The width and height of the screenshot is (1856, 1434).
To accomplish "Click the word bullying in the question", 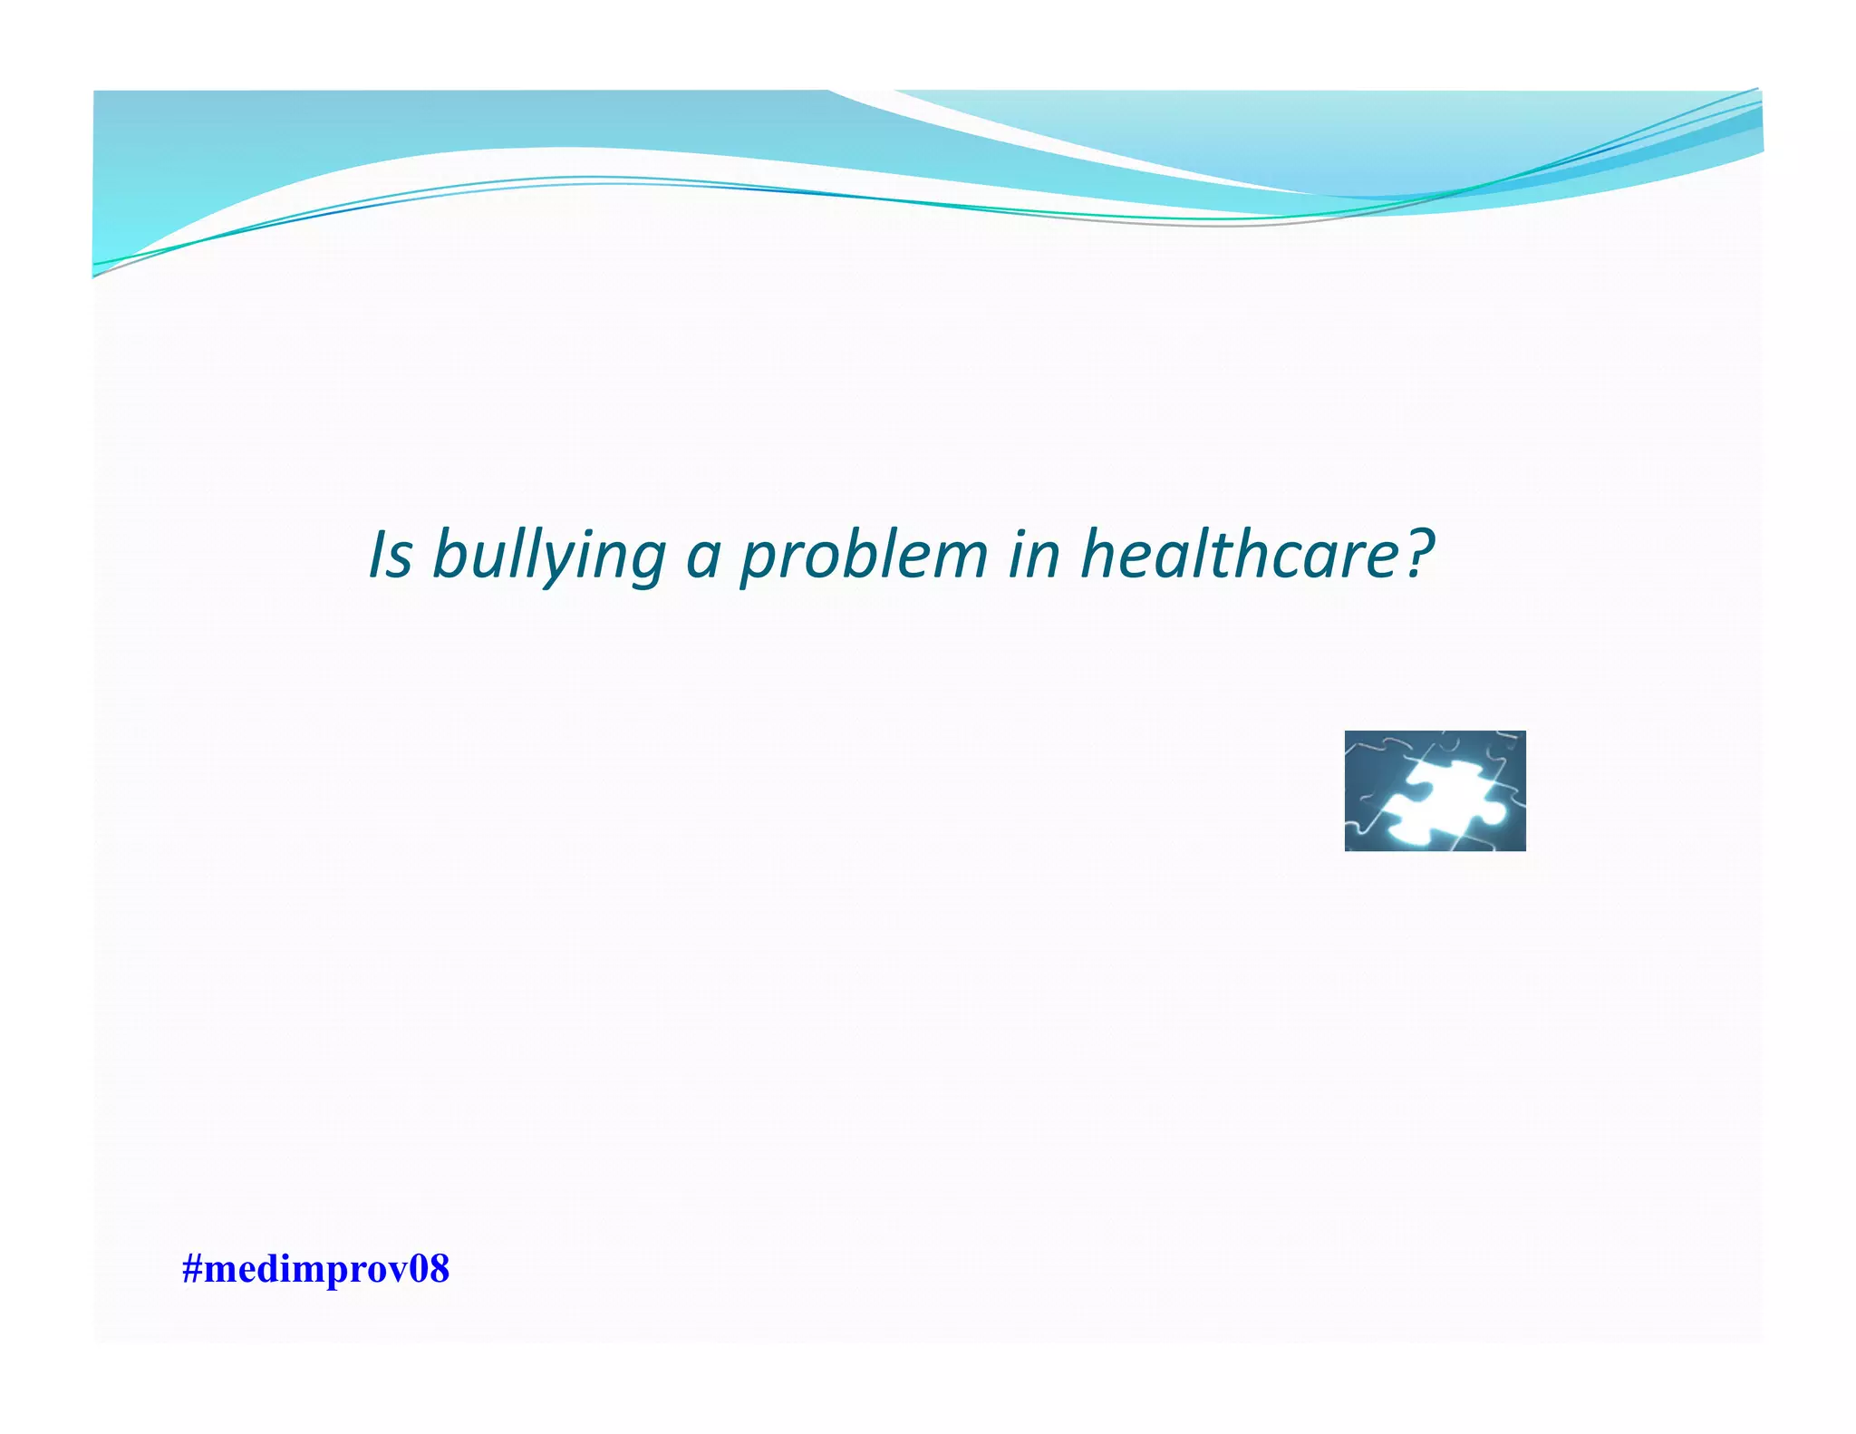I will click(x=549, y=555).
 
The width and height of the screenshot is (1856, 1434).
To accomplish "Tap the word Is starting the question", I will click(x=391, y=555).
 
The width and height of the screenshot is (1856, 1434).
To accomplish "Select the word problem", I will click(x=864, y=555).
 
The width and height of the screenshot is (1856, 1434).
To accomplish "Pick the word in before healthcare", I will click(x=1034, y=555).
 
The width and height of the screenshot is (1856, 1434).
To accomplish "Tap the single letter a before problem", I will click(x=703, y=557).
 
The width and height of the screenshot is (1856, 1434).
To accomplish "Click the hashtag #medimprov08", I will click(x=315, y=1269).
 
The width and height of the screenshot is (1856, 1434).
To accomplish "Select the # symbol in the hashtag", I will click(x=191, y=1269).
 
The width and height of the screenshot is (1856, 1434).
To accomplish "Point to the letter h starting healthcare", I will click(x=1099, y=553).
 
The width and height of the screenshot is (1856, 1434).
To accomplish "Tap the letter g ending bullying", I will click(x=649, y=562).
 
